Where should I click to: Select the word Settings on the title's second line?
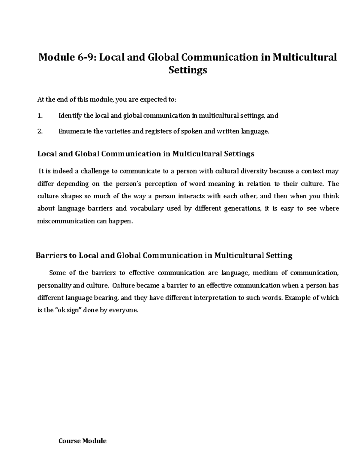[187, 70]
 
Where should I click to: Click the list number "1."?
[40, 116]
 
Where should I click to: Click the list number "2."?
[40, 131]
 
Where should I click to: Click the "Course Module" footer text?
[82, 441]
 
